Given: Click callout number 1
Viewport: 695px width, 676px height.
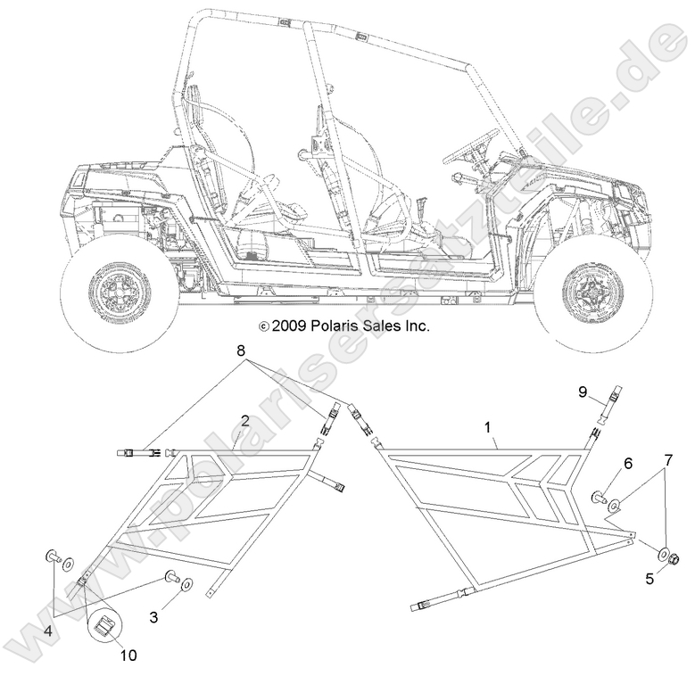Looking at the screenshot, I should click(488, 428).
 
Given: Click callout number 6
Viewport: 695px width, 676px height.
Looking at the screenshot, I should click(628, 463).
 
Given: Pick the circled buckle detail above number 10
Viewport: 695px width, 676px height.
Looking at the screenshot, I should click(106, 624).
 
